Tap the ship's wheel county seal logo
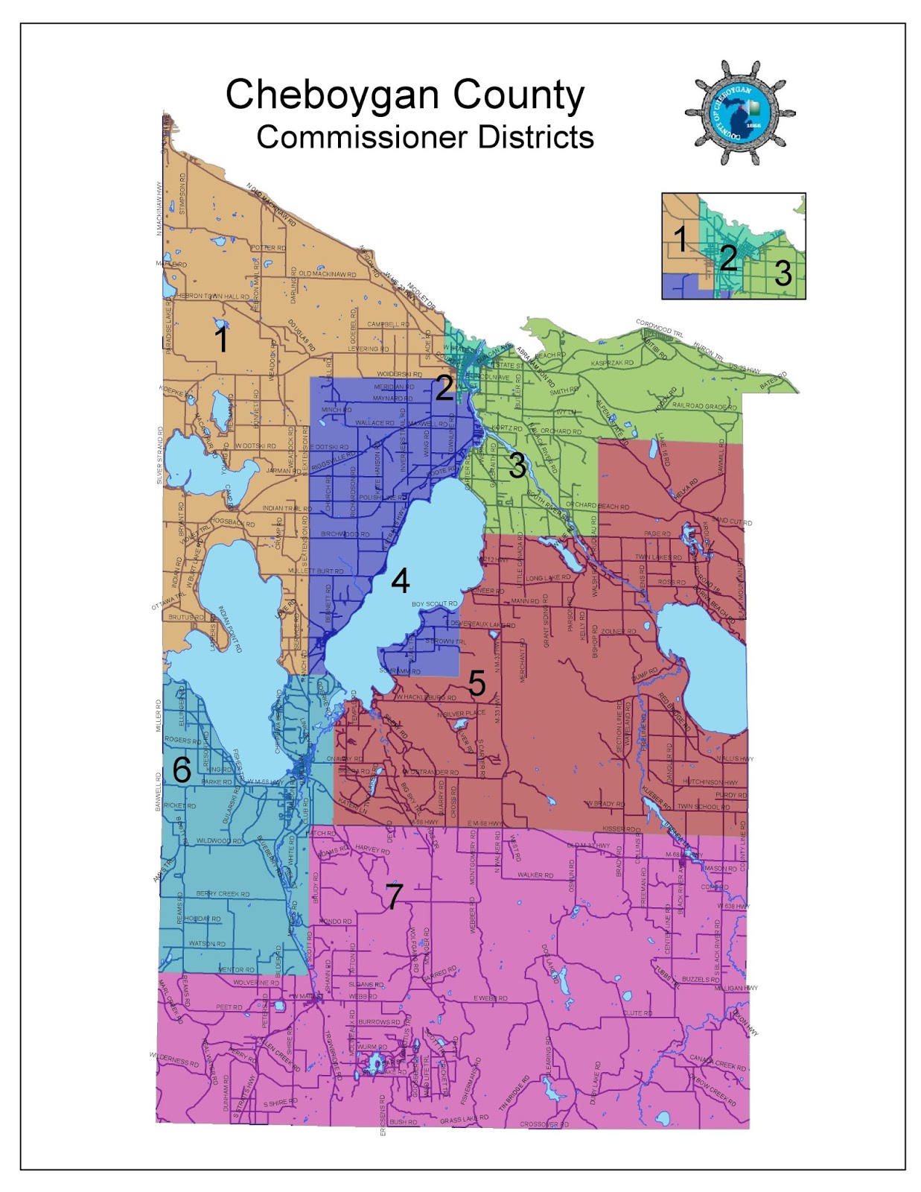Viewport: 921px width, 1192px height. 739,112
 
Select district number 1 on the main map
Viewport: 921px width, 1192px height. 221,340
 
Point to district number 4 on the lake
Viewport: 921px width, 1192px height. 401,581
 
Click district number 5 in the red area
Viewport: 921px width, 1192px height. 477,683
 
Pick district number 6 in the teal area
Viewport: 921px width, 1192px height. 182,770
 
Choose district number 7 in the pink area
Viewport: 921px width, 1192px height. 394,896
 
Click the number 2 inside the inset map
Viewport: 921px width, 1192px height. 728,258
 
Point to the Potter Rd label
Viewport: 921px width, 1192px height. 268,248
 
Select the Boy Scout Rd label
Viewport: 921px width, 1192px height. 434,604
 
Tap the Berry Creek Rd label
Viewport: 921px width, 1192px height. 223,893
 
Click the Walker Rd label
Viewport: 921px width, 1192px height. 535,875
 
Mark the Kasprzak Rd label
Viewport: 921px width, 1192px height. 612,363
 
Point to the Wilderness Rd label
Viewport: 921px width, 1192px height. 174,1059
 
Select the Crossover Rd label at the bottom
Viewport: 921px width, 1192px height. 544,1124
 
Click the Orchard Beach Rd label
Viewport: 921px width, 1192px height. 597,507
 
